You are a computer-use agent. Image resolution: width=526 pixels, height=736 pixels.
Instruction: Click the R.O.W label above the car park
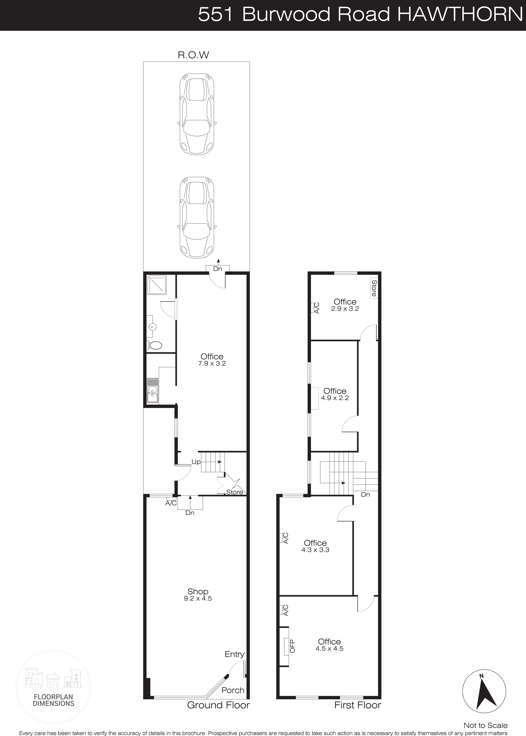(193, 55)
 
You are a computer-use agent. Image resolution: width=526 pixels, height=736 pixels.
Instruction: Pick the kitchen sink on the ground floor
(152, 390)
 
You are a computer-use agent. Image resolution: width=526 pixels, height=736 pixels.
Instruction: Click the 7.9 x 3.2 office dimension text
(212, 364)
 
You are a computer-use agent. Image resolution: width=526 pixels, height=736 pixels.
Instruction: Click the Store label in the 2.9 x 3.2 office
(374, 288)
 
